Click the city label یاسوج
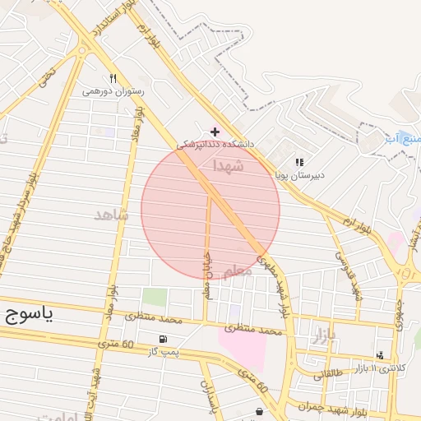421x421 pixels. click(x=29, y=316)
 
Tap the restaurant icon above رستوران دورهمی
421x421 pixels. click(x=113, y=79)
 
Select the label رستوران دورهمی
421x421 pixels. click(x=113, y=91)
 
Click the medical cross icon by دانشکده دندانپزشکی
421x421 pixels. click(x=215, y=131)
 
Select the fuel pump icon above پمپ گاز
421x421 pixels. click(x=163, y=340)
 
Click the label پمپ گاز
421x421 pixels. click(x=163, y=352)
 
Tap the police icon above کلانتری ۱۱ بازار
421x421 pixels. click(x=379, y=355)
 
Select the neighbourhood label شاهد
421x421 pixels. click(x=112, y=215)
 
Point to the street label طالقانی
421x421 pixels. click(x=330, y=374)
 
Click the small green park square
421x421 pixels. click(x=154, y=297)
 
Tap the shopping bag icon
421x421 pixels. click(x=260, y=411)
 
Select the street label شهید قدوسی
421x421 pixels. click(x=349, y=275)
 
